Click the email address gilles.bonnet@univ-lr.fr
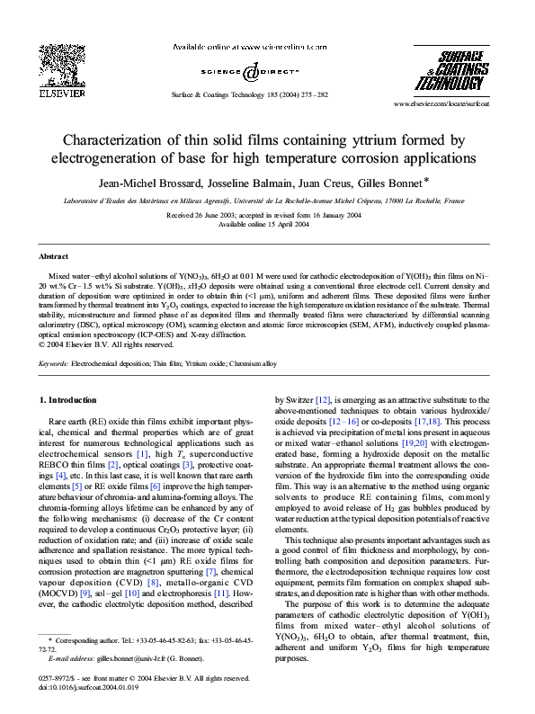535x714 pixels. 133,659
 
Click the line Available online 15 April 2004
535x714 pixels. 267,224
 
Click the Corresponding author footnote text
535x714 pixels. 144,639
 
